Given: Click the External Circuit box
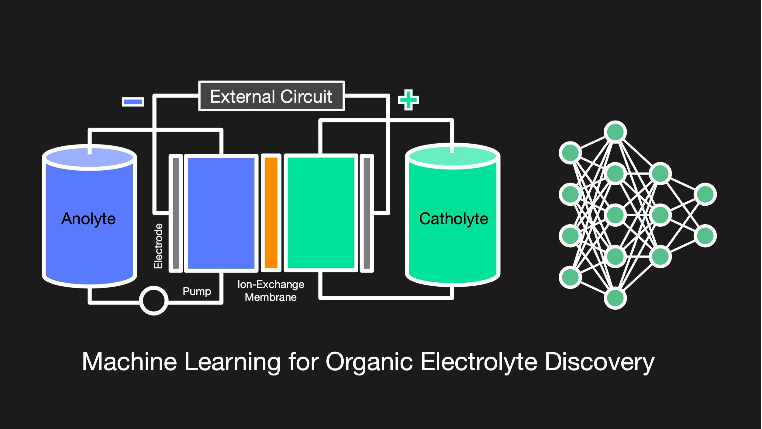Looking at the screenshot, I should (271, 96).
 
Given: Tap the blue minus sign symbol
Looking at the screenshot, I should (133, 102).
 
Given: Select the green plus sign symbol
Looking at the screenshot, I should (409, 100).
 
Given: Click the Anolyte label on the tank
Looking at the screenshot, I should (88, 219).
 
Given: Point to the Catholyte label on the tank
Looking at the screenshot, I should (453, 219).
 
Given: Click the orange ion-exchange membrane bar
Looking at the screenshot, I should (271, 213).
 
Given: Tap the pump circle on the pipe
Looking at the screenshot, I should (153, 301).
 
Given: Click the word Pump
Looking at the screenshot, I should (197, 291).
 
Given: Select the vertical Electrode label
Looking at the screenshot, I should (158, 246).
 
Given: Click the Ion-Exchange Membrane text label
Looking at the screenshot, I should (271, 291).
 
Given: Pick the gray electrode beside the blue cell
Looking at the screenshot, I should (176, 213).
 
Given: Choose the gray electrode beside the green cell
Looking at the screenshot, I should (367, 213).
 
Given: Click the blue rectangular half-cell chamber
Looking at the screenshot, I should (221, 213).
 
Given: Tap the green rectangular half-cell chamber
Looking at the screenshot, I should (321, 213).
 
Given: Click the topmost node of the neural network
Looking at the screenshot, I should (615, 132).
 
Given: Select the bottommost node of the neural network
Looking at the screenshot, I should (615, 298).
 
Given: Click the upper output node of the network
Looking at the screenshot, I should (705, 194).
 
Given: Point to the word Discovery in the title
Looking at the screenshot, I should (599, 362).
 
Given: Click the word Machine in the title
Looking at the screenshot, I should (129, 362).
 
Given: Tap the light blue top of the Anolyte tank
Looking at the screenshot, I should (89, 158).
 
